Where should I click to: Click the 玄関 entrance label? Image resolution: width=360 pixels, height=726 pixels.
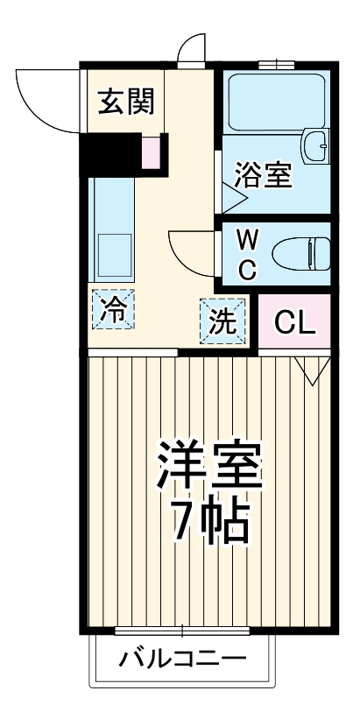tap(125, 102)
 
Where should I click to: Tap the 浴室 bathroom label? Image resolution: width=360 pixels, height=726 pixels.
tap(262, 174)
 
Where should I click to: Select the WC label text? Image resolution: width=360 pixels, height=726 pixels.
tap(247, 253)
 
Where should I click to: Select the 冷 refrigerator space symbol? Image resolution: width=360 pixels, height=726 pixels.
tap(111, 309)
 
